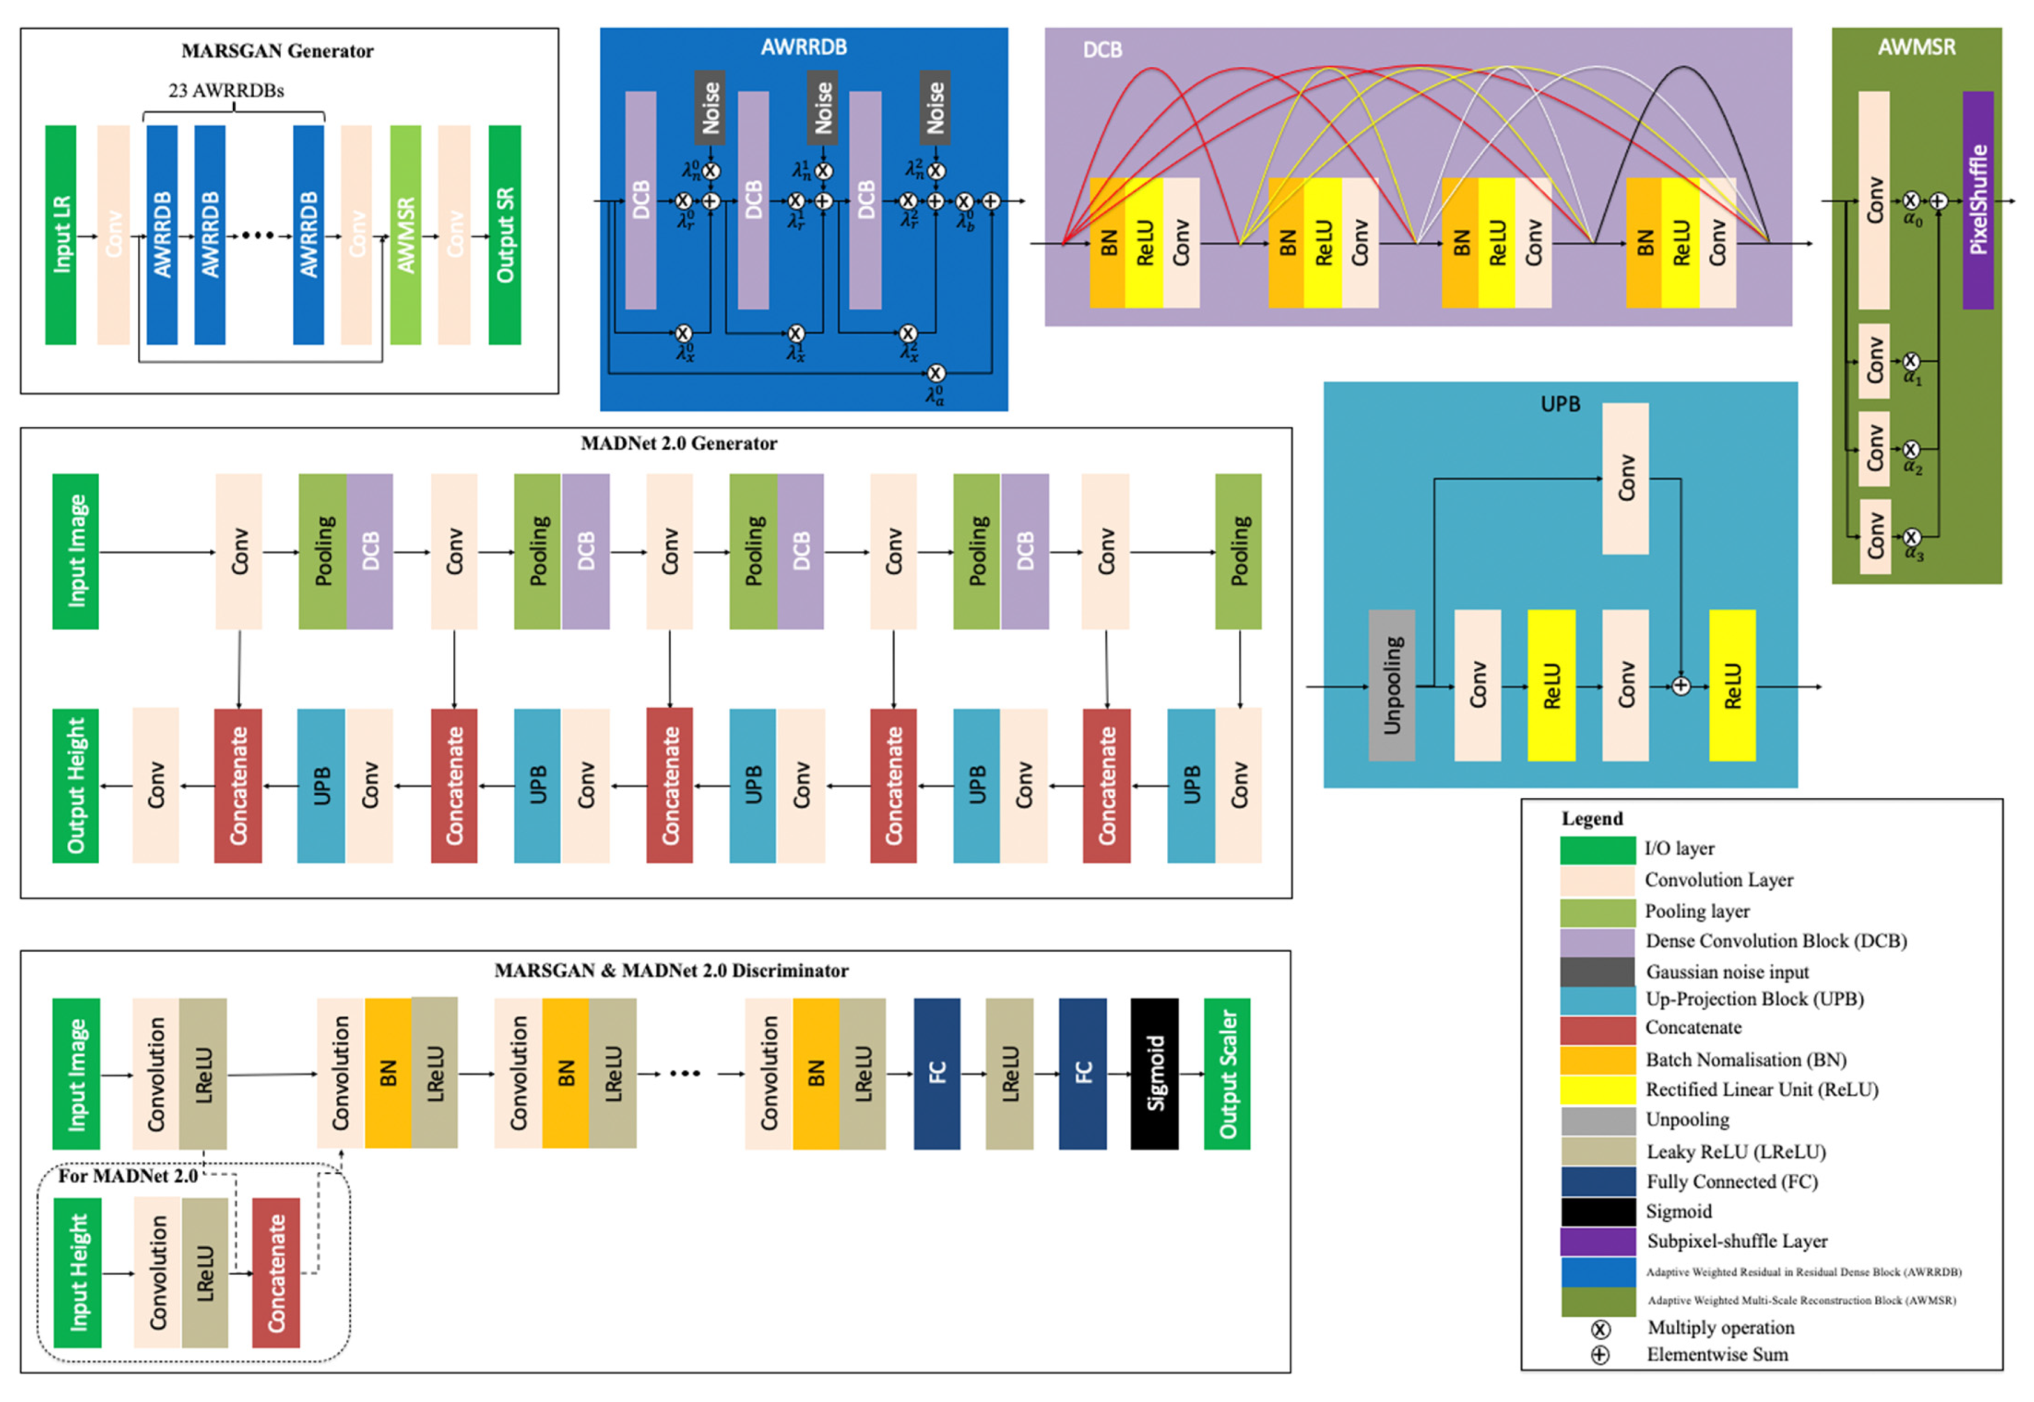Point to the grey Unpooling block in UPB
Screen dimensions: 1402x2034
1391,685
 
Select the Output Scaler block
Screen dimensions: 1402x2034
1227,1074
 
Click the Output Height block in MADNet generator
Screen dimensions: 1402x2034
75,785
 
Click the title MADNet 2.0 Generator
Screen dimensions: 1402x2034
678,444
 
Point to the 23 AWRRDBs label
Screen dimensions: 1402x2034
226,90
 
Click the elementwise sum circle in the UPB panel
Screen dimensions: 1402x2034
1680,686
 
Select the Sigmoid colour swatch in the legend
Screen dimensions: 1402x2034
1597,1211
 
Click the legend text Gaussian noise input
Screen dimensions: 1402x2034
1726,972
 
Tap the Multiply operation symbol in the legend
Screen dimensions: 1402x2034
1600,1329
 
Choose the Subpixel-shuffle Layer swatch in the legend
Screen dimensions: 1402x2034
1597,1241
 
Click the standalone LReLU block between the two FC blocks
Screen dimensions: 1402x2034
1009,1074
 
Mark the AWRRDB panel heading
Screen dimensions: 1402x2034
803,47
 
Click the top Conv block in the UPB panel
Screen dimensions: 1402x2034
1624,479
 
